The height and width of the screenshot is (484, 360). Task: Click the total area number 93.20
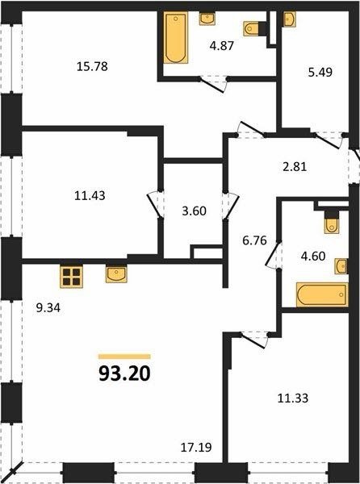pos(124,373)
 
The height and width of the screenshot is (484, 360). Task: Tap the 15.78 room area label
pos(92,66)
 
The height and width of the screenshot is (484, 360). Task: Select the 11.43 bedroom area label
pos(90,195)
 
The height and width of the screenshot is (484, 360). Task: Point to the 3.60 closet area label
pos(194,211)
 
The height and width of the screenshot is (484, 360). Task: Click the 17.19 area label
pos(196,447)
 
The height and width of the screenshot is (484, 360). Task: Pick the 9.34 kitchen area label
pos(48,308)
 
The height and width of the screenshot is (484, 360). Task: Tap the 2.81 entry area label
pos(295,167)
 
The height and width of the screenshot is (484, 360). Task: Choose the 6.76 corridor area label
pos(254,240)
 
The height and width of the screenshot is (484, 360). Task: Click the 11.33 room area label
pos(293,398)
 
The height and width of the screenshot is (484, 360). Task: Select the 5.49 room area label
pos(320,73)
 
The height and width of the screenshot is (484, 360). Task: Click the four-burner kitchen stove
pos(71,277)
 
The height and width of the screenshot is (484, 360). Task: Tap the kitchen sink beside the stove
pos(116,273)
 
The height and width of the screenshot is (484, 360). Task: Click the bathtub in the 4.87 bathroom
pos(175,38)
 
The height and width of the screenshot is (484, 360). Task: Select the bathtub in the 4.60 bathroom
pos(322,294)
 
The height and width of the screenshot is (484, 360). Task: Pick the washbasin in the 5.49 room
pos(289,19)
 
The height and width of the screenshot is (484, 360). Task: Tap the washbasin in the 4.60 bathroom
pos(341,266)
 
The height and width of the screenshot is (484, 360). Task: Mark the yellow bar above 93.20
pos(124,357)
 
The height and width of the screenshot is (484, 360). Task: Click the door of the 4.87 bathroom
pos(213,85)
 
